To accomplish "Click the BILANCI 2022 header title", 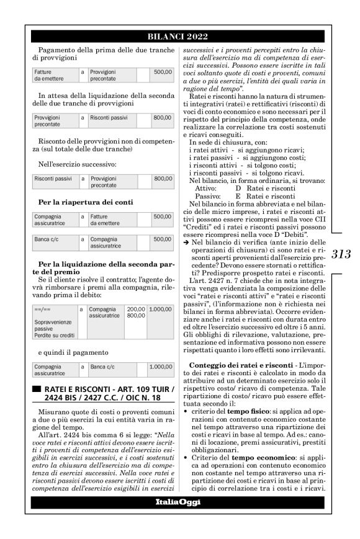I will click(x=180, y=36).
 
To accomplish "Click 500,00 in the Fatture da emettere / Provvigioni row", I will click(x=163, y=73).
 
